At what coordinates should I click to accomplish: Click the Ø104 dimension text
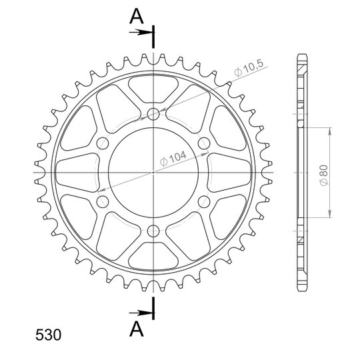173,158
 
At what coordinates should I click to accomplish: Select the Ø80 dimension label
323,175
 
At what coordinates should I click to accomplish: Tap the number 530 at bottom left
48,335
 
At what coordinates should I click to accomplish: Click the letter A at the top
137,16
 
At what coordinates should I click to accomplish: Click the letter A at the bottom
137,329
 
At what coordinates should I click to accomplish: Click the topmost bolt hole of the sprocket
153,113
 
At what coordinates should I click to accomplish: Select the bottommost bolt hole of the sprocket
153,231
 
